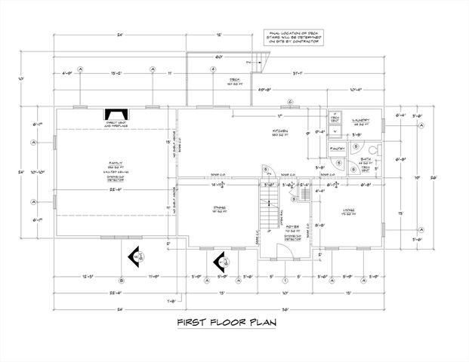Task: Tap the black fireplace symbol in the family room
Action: point(115,115)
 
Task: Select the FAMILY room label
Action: point(116,162)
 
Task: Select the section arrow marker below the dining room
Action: point(223,262)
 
